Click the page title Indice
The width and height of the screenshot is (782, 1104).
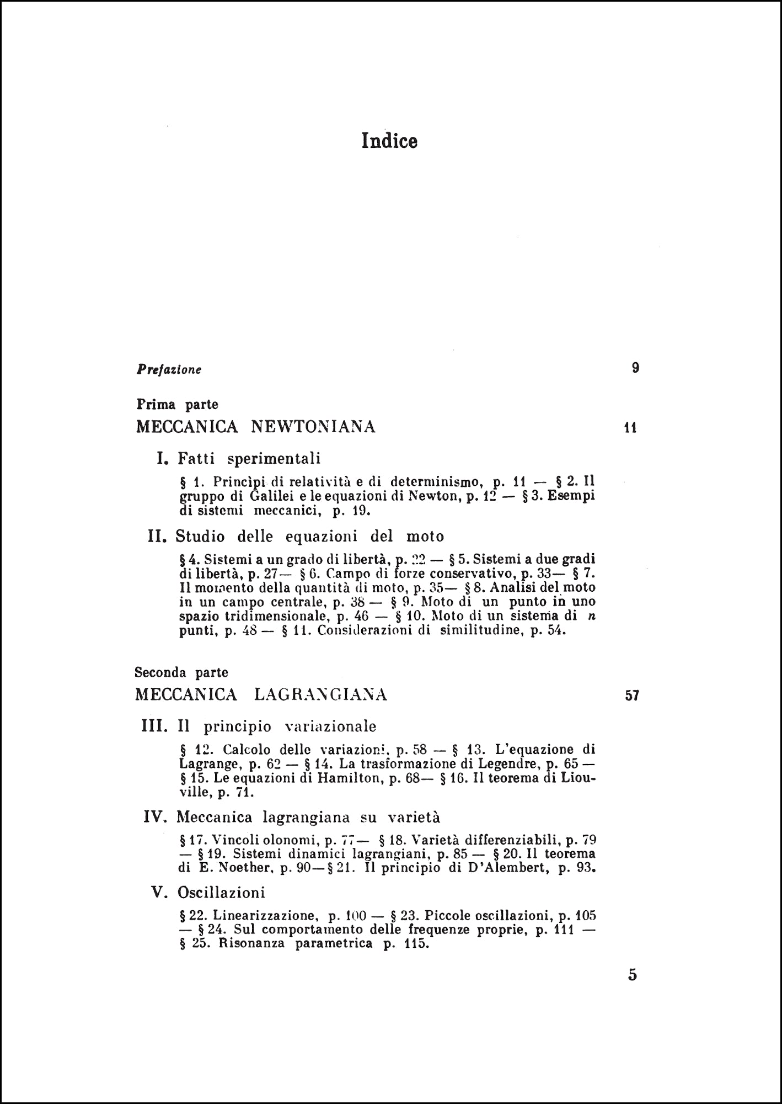389,141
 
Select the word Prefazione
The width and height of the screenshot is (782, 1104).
169,369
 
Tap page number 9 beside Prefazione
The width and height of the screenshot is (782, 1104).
635,368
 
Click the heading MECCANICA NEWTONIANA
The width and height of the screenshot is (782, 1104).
256,427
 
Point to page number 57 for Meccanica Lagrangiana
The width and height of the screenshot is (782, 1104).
632,696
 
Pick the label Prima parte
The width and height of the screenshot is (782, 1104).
177,405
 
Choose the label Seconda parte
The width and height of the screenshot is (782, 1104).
181,672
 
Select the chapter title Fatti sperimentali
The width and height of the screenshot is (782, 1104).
249,458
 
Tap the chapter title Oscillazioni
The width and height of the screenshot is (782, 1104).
221,893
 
